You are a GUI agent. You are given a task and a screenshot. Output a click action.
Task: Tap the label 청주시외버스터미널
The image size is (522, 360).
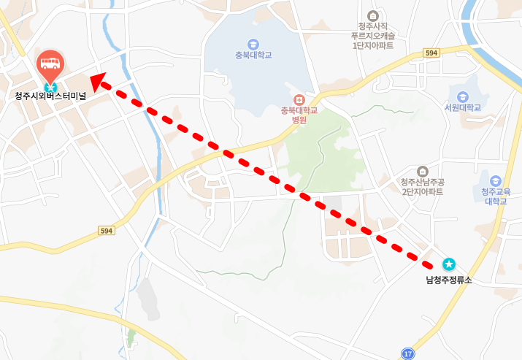coord(50,96)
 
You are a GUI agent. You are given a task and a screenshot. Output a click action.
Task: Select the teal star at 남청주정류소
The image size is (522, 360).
coord(449,264)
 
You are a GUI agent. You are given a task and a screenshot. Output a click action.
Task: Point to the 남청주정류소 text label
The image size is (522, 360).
coord(449,280)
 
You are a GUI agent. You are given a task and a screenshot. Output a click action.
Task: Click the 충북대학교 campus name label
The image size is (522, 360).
coord(253,55)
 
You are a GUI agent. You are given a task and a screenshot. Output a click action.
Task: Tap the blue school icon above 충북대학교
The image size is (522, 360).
coord(253,43)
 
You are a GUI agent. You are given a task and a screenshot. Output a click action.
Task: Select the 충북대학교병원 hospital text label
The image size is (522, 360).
coord(299,115)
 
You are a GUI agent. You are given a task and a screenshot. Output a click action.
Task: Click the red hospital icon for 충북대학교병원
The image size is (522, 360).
coord(299,99)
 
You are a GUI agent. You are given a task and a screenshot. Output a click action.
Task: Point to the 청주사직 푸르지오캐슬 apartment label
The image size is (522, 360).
coord(372,35)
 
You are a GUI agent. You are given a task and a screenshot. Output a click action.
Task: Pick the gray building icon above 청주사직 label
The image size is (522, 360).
coord(373,15)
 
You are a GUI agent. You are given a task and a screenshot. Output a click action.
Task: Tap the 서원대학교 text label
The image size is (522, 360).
coord(462,107)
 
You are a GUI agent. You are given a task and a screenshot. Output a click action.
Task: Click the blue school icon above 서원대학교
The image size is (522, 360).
coord(462,96)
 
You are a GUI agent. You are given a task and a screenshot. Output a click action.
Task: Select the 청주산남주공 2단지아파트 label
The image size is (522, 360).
coord(421,187)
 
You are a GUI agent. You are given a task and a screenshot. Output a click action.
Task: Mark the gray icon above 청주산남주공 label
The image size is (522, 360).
coord(422,170)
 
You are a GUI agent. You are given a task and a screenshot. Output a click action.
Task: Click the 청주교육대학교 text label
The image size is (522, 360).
coord(496,196)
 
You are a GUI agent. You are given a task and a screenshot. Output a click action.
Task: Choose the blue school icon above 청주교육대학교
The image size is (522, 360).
coord(496,180)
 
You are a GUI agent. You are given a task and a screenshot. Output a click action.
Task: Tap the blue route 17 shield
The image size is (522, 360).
coord(408,353)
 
